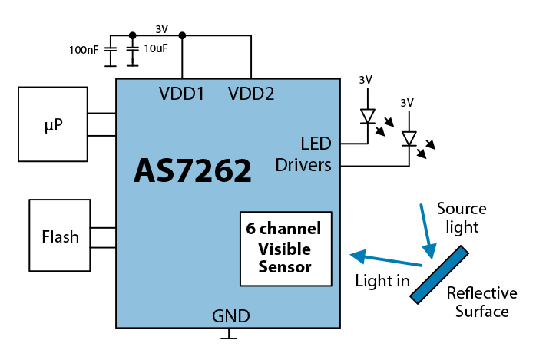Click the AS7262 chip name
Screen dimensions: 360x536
(x=193, y=170)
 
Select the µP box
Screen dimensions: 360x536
(x=53, y=124)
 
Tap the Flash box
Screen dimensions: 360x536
(x=60, y=236)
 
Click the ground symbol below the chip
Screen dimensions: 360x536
(x=229, y=335)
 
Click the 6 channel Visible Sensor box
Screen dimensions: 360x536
(x=285, y=248)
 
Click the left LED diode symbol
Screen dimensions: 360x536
(x=368, y=117)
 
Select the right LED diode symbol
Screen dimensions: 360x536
(x=409, y=138)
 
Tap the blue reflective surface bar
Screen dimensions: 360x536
(x=439, y=273)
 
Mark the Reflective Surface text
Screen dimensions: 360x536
(x=481, y=302)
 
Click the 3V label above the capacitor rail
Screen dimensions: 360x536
(x=161, y=28)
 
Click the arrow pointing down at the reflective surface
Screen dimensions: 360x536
(x=428, y=230)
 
